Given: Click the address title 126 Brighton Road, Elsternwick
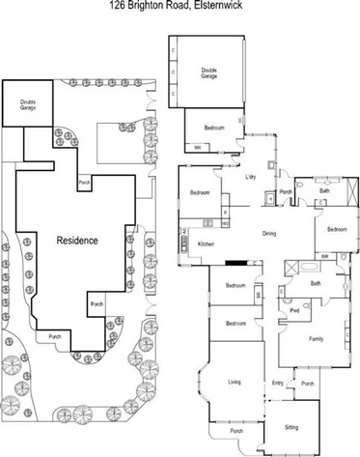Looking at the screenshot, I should click(x=180, y=5).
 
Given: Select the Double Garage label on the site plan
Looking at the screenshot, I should click(x=21, y=105).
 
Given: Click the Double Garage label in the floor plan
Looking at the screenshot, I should click(x=208, y=71).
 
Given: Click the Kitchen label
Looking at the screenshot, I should click(x=206, y=244).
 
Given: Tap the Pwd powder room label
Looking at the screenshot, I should click(x=295, y=312).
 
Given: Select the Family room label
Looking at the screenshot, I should click(x=316, y=339).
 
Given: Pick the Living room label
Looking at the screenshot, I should click(x=234, y=383).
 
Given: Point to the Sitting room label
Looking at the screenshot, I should click(x=291, y=426).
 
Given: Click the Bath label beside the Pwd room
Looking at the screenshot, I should click(x=316, y=283).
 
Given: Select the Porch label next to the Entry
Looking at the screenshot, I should click(x=307, y=384).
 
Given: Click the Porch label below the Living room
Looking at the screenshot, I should click(x=235, y=431).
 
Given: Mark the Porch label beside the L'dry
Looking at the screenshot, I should click(x=286, y=191).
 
